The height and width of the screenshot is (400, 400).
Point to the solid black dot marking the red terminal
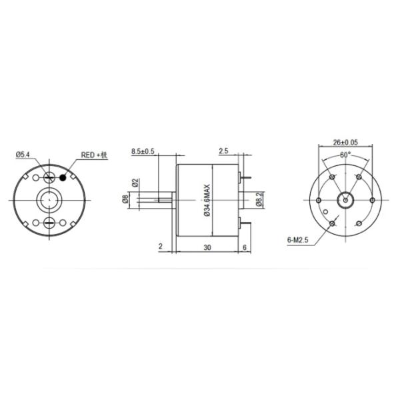tap(64, 177)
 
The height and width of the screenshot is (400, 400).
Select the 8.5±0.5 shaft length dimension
tap(143, 151)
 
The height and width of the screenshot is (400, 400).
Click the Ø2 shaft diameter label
tap(135, 182)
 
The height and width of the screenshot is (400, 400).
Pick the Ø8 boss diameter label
tap(125, 198)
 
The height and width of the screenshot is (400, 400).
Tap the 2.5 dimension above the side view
tap(223, 151)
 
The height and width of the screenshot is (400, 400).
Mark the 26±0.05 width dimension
tap(345, 142)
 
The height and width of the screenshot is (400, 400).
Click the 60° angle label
tap(345, 155)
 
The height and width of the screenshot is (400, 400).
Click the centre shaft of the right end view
tap(345, 199)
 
